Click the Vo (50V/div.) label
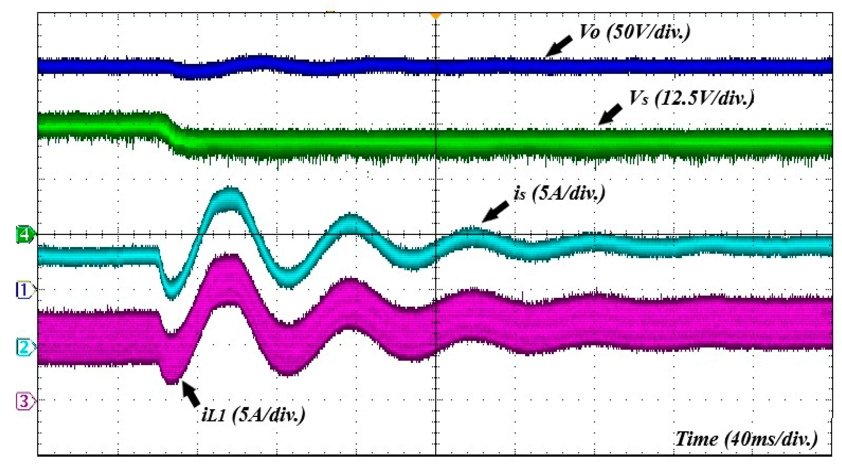(634, 33)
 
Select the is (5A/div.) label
(559, 193)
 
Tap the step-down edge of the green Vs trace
(172, 132)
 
